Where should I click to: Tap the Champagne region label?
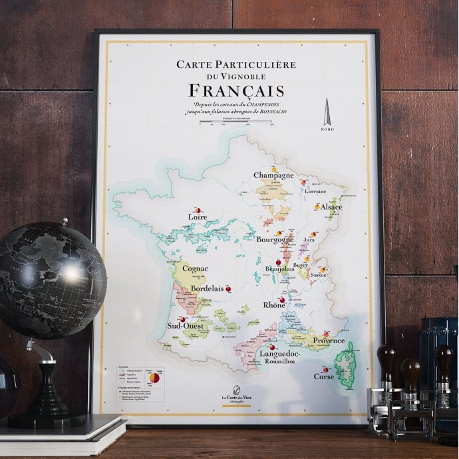click(273, 175)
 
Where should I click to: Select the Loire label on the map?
click(198, 217)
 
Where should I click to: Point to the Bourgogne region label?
click(274, 239)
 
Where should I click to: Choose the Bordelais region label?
click(207, 290)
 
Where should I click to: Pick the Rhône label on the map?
click(274, 305)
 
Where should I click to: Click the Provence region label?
click(329, 341)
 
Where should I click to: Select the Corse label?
click(324, 377)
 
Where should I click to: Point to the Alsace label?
click(331, 208)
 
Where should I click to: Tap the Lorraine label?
click(315, 191)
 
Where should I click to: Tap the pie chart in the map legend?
click(154, 379)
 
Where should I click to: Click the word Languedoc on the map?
click(282, 354)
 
